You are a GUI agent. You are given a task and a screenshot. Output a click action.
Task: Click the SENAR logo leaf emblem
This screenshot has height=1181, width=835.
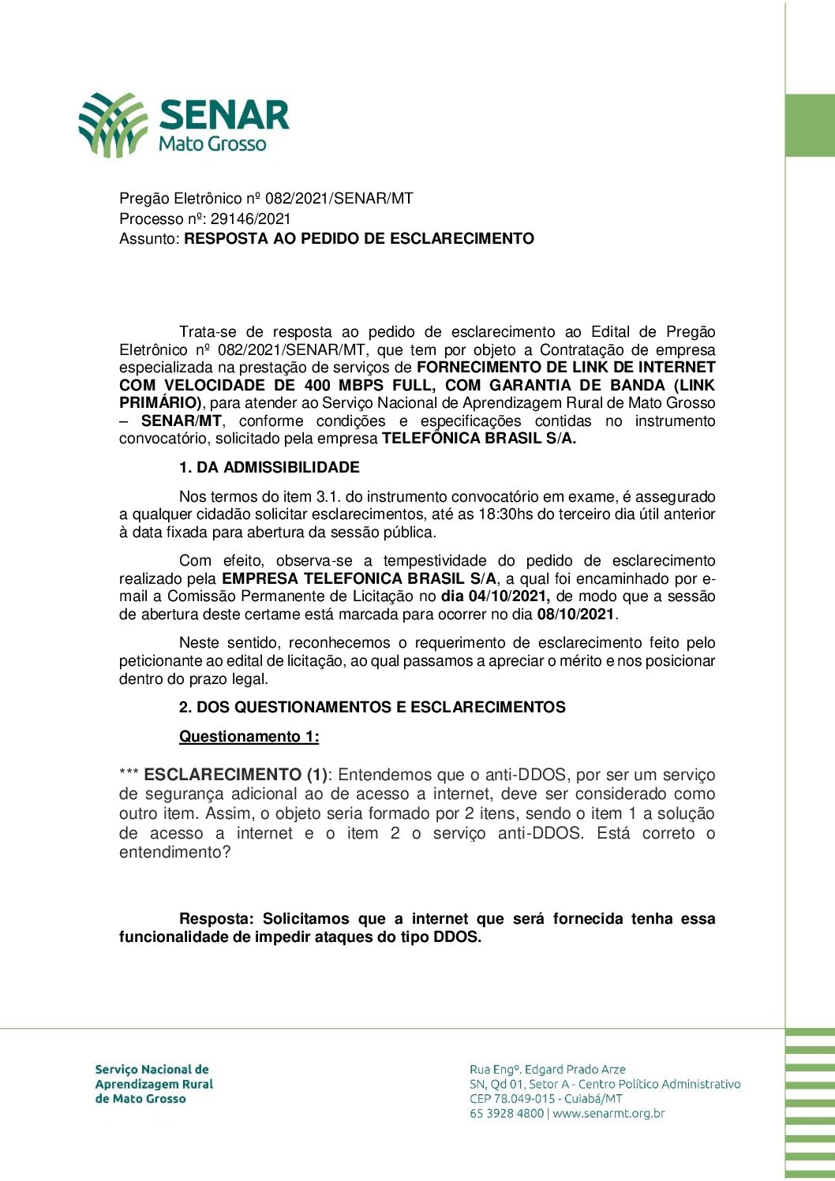[x=112, y=124]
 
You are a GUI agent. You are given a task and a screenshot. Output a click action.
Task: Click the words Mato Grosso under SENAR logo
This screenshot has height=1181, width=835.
[x=212, y=144]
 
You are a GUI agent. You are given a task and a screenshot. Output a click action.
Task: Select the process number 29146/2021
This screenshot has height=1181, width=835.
[x=250, y=219]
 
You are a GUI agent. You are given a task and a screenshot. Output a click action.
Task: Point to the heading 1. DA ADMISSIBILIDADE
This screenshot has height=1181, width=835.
[x=269, y=467]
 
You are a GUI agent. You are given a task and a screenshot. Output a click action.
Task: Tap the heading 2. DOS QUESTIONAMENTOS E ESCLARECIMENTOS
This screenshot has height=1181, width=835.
[x=372, y=707]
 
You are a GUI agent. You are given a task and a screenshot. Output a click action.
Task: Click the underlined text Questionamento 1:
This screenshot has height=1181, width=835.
[x=249, y=736]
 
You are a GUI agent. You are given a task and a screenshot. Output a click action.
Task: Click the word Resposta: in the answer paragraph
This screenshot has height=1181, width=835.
[x=216, y=918]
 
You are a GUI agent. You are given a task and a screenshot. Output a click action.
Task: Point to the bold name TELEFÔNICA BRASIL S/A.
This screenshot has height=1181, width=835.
[x=479, y=439]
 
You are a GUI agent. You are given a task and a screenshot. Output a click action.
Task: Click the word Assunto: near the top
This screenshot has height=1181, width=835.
[x=150, y=238]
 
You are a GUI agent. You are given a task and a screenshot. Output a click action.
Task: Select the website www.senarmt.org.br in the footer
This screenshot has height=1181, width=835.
[x=608, y=1113]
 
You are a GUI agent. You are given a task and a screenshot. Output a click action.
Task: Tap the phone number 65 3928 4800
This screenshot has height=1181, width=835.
[x=507, y=1113]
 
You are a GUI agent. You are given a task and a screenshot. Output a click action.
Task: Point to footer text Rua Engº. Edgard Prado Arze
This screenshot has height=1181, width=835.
[x=547, y=1069]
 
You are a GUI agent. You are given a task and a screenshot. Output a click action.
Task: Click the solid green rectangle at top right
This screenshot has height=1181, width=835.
[x=810, y=125]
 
